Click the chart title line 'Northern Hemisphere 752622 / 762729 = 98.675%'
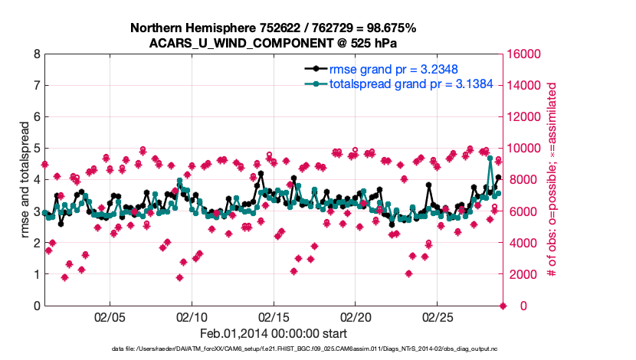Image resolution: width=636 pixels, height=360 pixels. (273, 28)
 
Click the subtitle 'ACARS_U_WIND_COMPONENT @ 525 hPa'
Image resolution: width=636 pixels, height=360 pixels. (273, 43)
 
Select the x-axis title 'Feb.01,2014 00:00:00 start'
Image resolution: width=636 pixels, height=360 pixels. (273, 333)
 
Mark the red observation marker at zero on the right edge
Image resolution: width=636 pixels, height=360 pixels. (503, 306)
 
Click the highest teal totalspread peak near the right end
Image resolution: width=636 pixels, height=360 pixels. (490, 159)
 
